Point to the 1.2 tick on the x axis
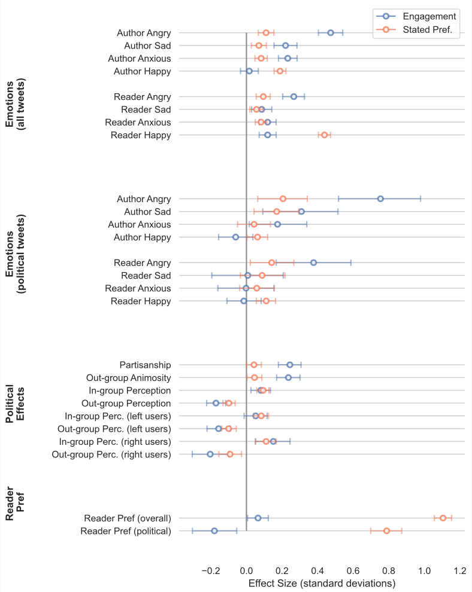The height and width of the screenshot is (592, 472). (x=459, y=571)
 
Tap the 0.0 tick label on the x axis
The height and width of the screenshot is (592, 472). (x=246, y=571)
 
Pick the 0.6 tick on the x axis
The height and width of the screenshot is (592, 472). (x=353, y=571)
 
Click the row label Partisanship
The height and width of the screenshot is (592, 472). (x=145, y=365)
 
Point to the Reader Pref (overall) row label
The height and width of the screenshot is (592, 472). (x=128, y=518)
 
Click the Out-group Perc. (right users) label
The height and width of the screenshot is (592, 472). (x=111, y=454)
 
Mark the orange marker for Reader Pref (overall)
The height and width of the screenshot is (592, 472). (x=443, y=518)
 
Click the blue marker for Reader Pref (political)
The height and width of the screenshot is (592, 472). (x=214, y=530)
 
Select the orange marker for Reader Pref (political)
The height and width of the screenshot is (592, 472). (x=386, y=530)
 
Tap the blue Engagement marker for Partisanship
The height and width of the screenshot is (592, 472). (x=290, y=365)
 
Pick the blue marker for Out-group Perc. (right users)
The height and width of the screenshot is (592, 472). (x=210, y=454)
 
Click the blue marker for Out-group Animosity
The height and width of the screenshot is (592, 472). (x=288, y=377)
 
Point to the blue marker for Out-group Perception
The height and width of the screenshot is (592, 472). (x=216, y=403)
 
